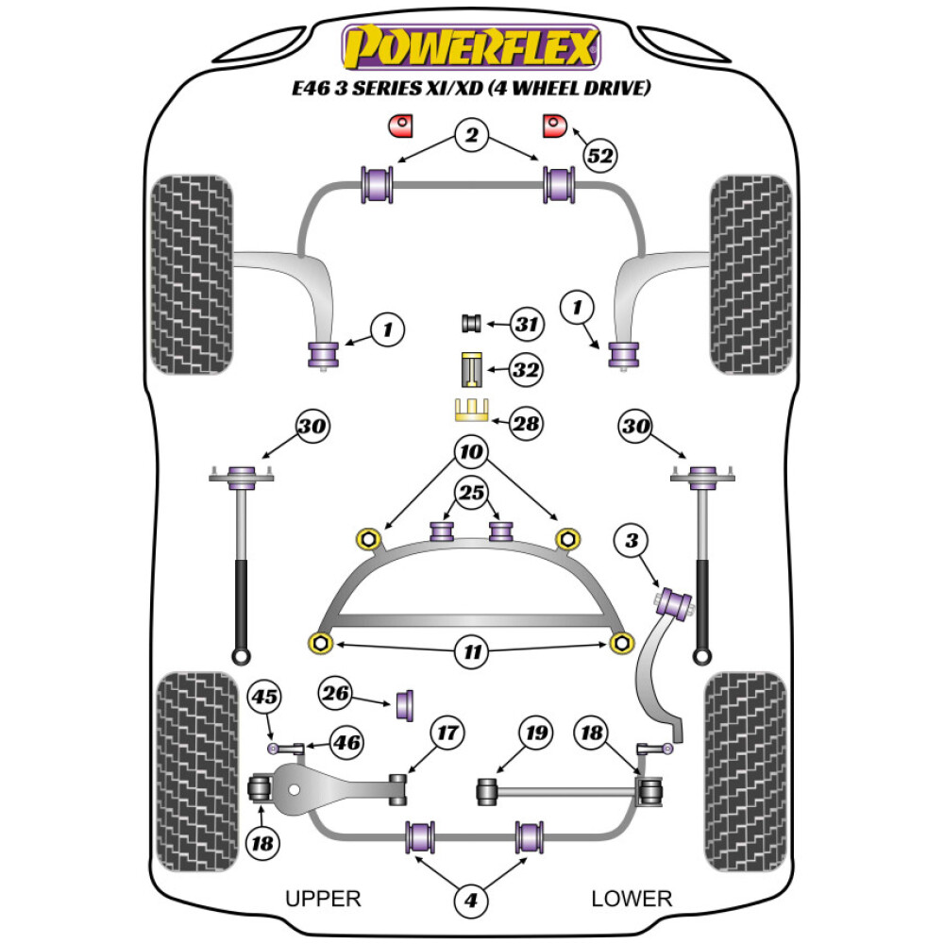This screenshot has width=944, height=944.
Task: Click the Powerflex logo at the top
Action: click(471, 47)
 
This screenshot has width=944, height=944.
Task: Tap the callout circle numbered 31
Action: click(526, 326)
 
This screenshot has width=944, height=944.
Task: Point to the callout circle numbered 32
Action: click(526, 371)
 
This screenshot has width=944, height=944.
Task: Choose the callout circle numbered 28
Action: click(526, 423)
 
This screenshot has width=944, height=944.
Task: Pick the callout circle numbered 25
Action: click(471, 491)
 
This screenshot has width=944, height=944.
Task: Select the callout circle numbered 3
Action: click(632, 541)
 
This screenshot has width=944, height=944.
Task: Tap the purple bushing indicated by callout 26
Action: click(407, 703)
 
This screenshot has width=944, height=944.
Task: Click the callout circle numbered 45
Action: click(265, 698)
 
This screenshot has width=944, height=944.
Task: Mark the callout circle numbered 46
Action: click(346, 743)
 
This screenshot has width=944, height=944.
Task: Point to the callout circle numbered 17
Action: click(448, 733)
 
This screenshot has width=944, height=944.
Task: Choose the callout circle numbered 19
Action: click(536, 733)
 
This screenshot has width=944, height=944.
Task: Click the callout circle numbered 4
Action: click(471, 901)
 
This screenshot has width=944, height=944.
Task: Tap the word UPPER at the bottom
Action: click(323, 898)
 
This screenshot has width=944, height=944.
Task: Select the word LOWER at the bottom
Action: click(632, 898)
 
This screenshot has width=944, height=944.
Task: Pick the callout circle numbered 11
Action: click(471, 650)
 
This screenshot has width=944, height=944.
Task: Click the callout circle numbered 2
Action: click(471, 136)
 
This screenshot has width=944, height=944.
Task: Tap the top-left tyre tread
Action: click(192, 274)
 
